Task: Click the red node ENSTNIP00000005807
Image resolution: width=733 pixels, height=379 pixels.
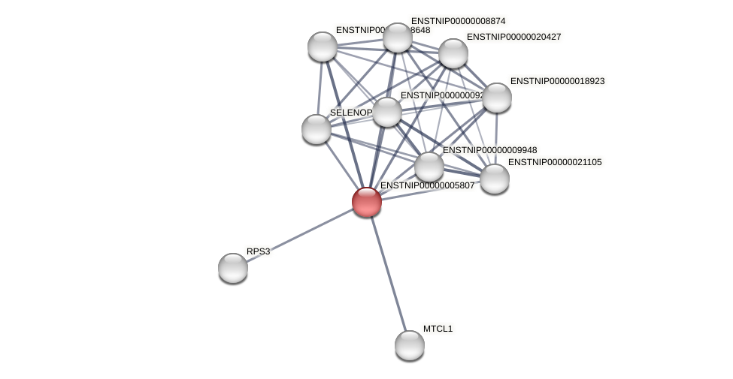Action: pos(367,202)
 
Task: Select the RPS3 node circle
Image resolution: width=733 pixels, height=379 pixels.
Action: pos(233,268)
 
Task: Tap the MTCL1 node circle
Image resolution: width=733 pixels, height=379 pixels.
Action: pos(410,345)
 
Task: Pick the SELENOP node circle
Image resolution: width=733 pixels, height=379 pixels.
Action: pos(317,129)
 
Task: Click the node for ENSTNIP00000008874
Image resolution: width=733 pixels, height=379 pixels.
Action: pos(398,38)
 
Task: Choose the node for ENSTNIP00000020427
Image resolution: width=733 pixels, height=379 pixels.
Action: pos(453,53)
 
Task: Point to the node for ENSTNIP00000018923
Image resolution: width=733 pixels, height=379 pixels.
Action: pos(497,98)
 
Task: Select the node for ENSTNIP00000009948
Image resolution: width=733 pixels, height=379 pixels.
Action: pos(429,167)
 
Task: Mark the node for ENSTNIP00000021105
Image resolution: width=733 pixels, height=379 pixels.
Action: pos(495,179)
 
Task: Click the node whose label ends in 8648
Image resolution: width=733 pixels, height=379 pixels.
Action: pos(323,47)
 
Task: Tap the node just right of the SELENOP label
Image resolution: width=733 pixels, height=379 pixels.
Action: pos(387,113)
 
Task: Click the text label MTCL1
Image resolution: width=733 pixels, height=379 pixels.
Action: pos(438,329)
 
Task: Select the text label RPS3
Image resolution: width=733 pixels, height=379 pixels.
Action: pos(258,251)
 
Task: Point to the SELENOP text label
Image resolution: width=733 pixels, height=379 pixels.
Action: pos(350,113)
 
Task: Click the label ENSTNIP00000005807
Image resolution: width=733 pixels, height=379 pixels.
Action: pos(427,185)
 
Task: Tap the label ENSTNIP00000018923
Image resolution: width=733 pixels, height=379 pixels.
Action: pos(557,81)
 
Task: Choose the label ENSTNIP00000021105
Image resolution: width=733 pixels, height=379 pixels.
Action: pos(555,162)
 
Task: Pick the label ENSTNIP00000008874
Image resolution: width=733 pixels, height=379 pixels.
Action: pos(458,21)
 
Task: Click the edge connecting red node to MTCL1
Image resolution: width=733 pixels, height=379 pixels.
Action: pos(388,273)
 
